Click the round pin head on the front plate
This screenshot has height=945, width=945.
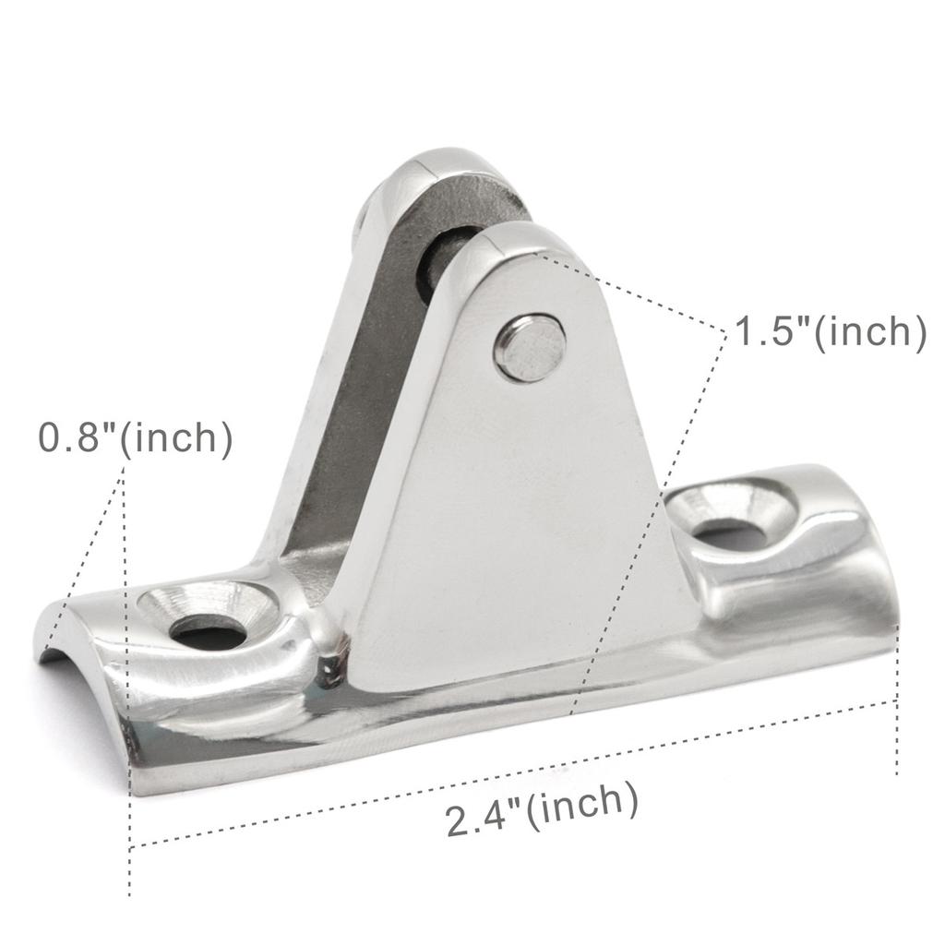[530, 348]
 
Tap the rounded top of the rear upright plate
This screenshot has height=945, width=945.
[434, 166]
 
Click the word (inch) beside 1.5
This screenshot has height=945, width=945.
[868, 331]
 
